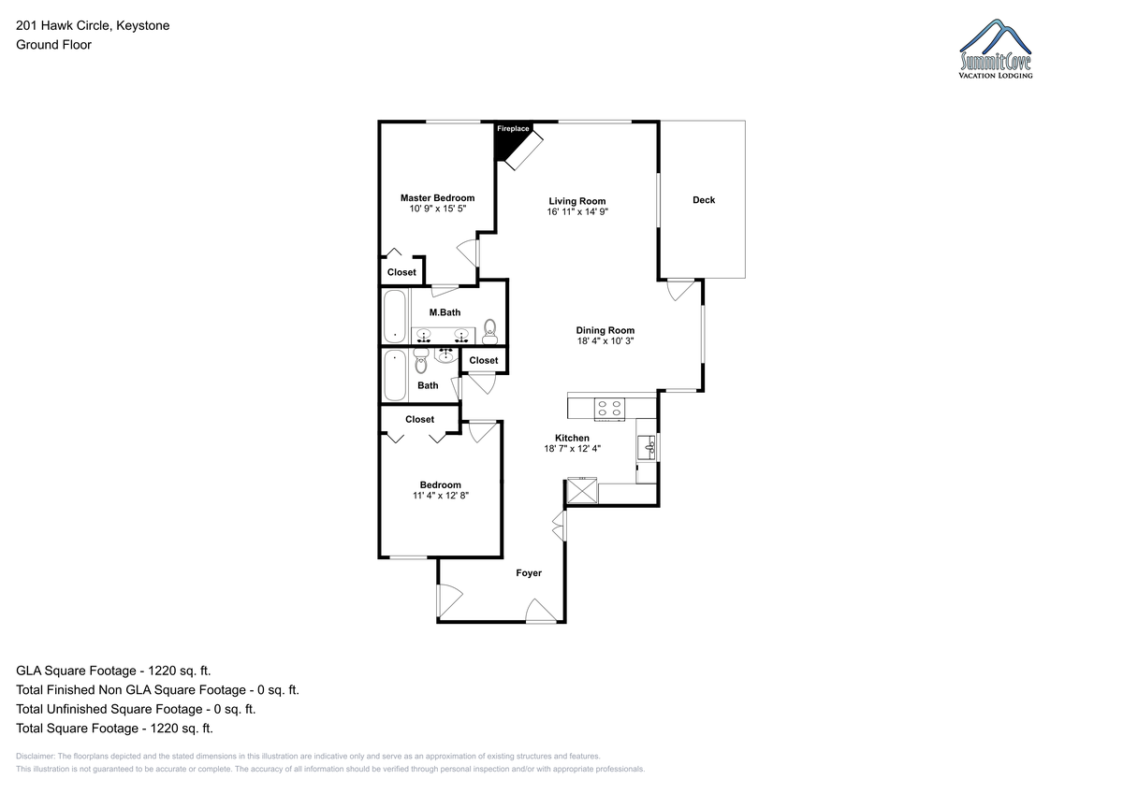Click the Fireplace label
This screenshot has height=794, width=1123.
click(x=513, y=129)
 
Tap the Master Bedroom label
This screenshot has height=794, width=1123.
click(x=437, y=198)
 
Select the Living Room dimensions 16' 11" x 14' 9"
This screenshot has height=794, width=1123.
click(x=577, y=212)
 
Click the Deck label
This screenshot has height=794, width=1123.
click(x=704, y=200)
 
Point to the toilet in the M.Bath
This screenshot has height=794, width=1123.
click(x=489, y=332)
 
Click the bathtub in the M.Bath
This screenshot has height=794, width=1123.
click(x=395, y=317)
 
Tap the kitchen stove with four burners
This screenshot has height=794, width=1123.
click(x=609, y=409)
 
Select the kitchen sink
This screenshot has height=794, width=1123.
click(x=647, y=447)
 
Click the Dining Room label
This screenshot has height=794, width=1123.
click(x=605, y=330)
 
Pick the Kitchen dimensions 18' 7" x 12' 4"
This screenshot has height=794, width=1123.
click(x=572, y=448)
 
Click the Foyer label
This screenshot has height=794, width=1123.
click(x=529, y=572)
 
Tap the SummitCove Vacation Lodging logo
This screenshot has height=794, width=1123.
click(x=995, y=49)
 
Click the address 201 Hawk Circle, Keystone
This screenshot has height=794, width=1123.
click(x=93, y=25)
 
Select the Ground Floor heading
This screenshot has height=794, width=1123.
click(x=53, y=45)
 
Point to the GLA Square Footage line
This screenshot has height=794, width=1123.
click(x=113, y=671)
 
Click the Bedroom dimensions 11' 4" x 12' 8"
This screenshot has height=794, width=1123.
click(x=441, y=496)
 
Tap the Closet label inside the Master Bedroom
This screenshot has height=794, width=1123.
click(x=401, y=272)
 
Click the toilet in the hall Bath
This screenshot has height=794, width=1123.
click(x=421, y=361)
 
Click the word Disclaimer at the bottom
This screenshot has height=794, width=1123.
click(x=36, y=756)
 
